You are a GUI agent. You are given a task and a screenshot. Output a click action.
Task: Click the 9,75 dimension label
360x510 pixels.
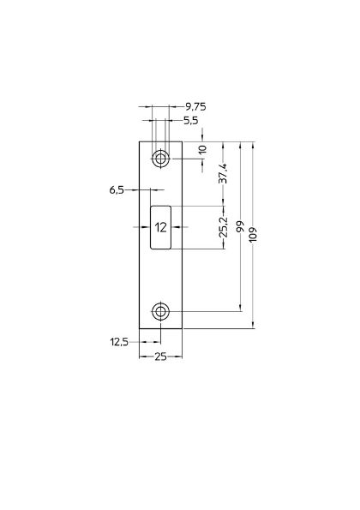point(195,106)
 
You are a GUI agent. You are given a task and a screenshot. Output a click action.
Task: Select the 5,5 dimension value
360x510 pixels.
point(192,121)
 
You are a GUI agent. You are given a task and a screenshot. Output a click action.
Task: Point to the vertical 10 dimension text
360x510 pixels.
point(202,149)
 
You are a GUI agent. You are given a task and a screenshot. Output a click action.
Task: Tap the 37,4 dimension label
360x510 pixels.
point(223,173)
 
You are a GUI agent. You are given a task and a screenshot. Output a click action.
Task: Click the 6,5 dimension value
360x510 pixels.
point(117,189)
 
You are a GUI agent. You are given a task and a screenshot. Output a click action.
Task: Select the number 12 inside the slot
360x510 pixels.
point(160,227)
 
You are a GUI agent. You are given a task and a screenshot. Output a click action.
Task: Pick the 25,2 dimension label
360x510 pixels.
point(223,227)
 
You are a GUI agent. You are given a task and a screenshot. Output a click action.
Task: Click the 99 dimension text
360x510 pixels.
point(241,227)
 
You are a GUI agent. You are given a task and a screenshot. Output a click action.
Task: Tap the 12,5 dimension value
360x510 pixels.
point(119,342)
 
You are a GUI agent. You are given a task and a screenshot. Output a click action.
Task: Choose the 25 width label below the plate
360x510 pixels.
point(160,357)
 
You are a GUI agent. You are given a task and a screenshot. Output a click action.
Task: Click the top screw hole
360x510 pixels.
point(160,159)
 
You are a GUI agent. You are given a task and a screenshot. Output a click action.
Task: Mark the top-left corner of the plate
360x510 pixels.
point(139,141)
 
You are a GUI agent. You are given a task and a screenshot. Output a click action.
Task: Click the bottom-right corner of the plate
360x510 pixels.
point(182,327)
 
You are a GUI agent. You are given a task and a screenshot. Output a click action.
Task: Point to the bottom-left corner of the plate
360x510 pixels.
point(139,327)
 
